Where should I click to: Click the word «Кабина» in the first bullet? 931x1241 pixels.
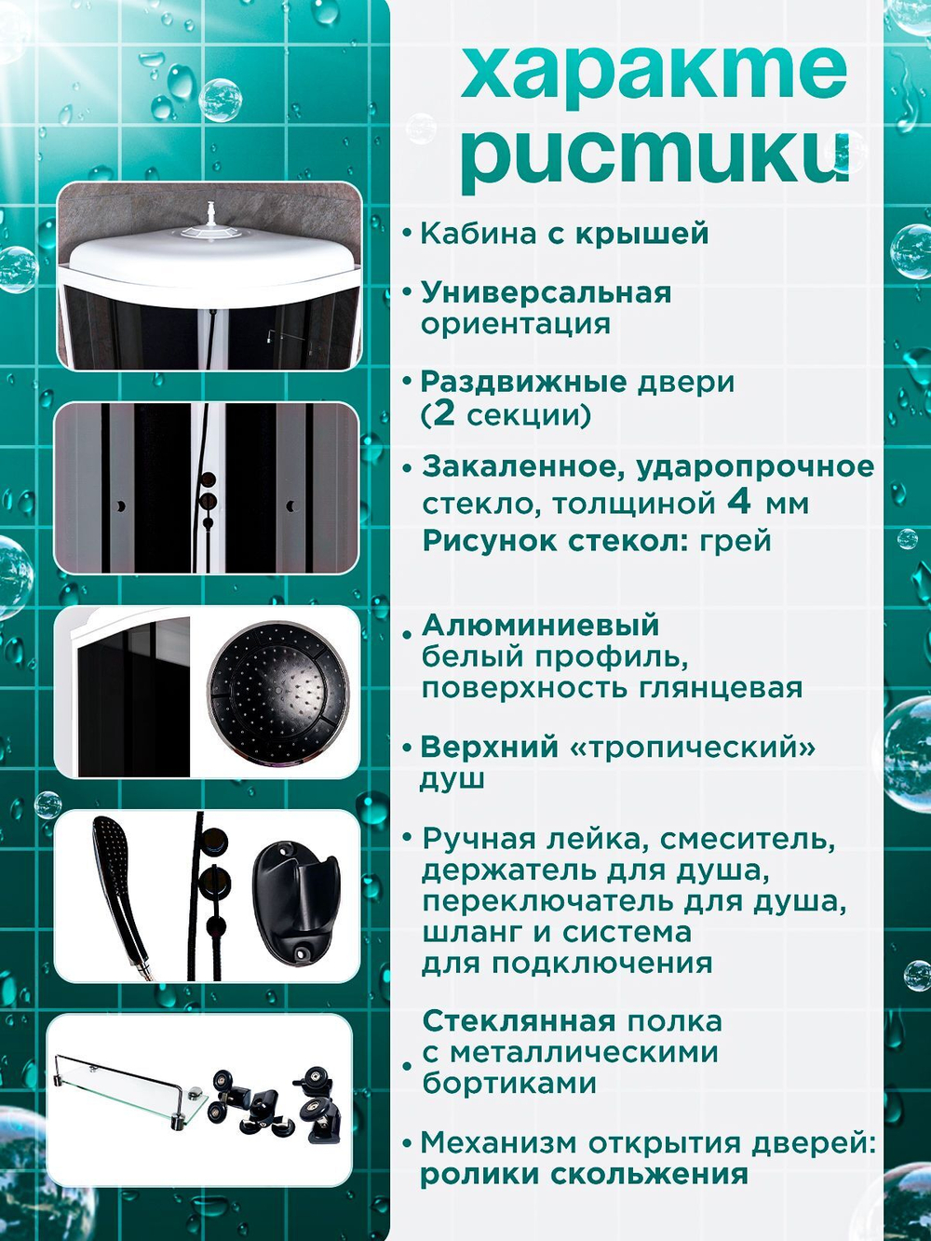pos(478,234)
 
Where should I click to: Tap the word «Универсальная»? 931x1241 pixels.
pos(546,293)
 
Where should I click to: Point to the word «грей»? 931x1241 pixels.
pos(735,541)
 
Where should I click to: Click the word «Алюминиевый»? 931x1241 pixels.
pos(540,626)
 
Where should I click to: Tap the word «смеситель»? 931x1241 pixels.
pos(748,839)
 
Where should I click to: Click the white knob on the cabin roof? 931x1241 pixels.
pos(212,212)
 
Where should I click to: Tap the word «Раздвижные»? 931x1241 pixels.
pos(524,383)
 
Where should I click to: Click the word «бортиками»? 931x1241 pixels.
pos(509,1084)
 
